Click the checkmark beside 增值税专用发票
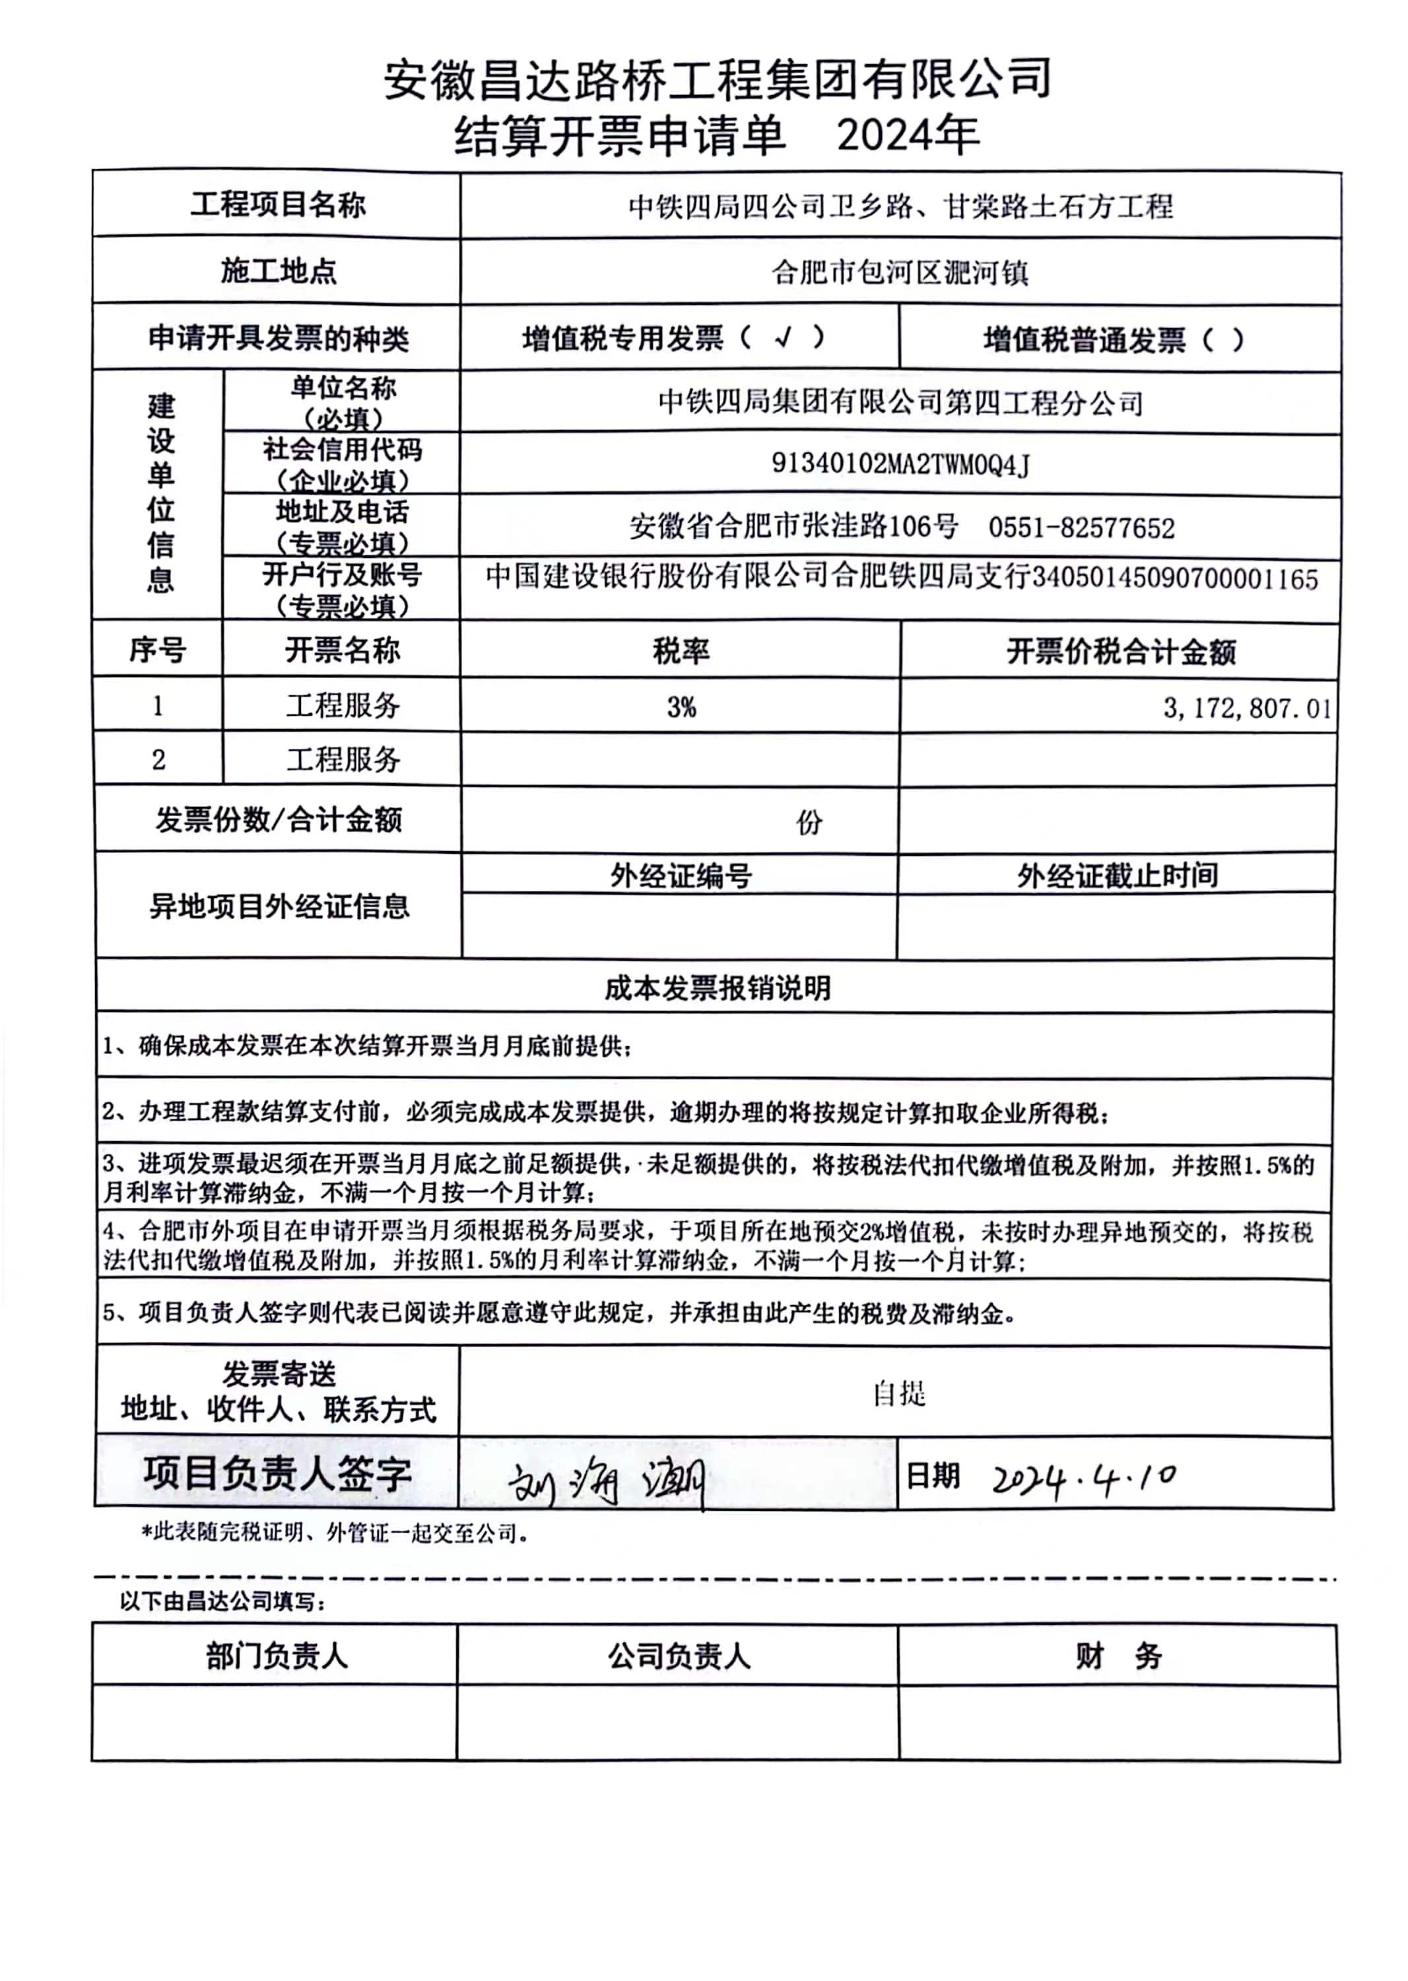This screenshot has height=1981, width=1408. tap(783, 338)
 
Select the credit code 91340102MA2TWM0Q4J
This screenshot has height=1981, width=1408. tap(900, 465)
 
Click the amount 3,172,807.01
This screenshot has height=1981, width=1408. tap(1246, 708)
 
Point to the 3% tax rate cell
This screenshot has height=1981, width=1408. tap(681, 707)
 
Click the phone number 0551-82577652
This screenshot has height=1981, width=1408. tap(1081, 528)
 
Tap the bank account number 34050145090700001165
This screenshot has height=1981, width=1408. tap(1175, 578)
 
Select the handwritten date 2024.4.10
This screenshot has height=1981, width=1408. tap(1084, 1477)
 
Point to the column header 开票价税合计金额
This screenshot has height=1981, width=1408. tap(1120, 651)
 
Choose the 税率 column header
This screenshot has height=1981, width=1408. tap(681, 650)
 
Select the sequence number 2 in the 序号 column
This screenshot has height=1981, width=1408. tap(158, 760)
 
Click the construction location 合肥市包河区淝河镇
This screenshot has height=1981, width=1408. tap(900, 272)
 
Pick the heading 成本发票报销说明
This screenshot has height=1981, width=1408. tap(717, 987)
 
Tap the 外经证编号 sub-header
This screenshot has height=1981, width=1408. tap(681, 876)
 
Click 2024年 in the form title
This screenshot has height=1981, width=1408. tap(908, 135)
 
